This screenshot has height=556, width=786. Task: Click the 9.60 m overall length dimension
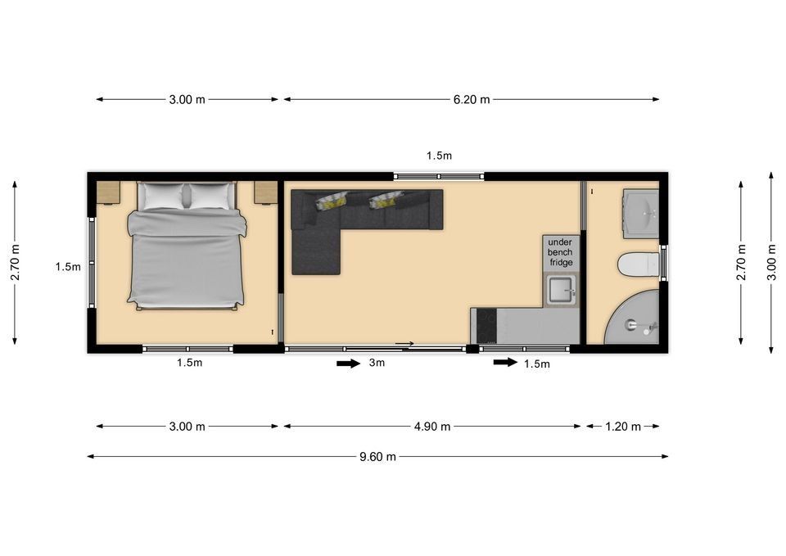pyautogui.click(x=377, y=457)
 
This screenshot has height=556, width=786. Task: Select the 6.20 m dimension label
pyautogui.click(x=472, y=99)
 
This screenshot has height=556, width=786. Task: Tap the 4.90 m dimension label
pyautogui.click(x=432, y=427)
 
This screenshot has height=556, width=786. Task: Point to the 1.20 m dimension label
pyautogui.click(x=622, y=427)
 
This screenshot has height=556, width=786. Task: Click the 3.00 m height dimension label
pyautogui.click(x=772, y=262)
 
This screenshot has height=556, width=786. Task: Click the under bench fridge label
pyautogui.click(x=560, y=252)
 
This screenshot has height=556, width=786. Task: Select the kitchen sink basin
pyautogui.click(x=562, y=289)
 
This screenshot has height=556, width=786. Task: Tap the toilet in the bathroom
pyautogui.click(x=639, y=264)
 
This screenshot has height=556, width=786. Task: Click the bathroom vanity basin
pyautogui.click(x=641, y=214)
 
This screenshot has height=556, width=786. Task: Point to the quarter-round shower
pyautogui.click(x=633, y=318)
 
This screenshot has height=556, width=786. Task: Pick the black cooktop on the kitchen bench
pyautogui.click(x=486, y=326)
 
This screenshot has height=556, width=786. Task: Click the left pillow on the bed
pyautogui.click(x=162, y=196)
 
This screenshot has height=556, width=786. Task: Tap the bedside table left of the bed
pyautogui.click(x=108, y=192)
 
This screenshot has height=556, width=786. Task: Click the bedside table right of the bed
pyautogui.click(x=265, y=192)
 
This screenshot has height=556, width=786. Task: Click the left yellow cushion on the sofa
pyautogui.click(x=332, y=201)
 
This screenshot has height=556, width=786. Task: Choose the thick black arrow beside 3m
pyautogui.click(x=349, y=363)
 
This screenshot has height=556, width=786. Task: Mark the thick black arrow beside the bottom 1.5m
pyautogui.click(x=505, y=362)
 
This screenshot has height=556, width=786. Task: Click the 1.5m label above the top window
pyautogui.click(x=439, y=156)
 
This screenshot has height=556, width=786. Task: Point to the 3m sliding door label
pyautogui.click(x=377, y=363)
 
